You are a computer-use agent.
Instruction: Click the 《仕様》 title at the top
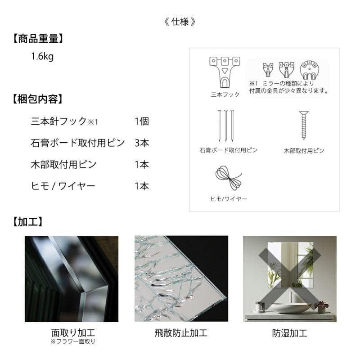[180, 21]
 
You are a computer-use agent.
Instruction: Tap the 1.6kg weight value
[42, 57]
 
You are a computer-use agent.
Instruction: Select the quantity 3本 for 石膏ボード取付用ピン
[142, 143]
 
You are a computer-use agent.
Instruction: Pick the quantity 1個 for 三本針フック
[142, 121]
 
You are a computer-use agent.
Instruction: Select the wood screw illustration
[304, 126]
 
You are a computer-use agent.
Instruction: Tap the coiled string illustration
[229, 179]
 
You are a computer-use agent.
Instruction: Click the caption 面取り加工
[73, 333]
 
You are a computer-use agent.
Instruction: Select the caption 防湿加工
[289, 333]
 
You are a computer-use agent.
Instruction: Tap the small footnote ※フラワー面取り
[73, 342]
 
